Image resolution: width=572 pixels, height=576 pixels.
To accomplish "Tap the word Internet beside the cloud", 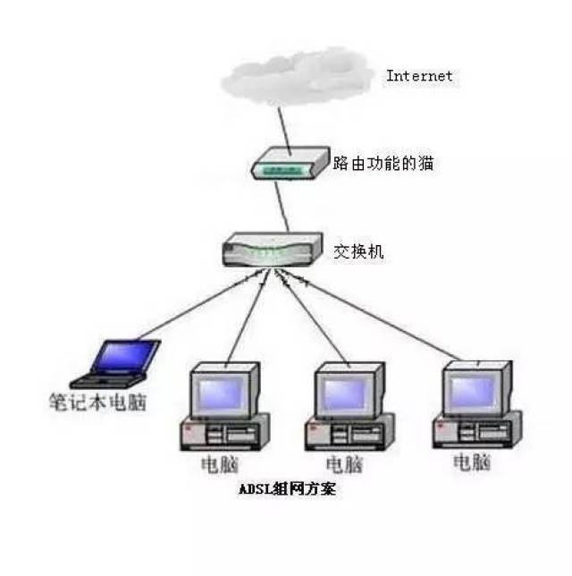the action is pyautogui.click(x=419, y=76).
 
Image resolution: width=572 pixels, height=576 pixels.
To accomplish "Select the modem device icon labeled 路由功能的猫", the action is pyautogui.click(x=290, y=164).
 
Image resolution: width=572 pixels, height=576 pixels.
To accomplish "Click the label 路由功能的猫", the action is pyautogui.click(x=383, y=163).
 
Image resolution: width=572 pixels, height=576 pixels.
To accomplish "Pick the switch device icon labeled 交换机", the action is pyautogui.click(x=273, y=250).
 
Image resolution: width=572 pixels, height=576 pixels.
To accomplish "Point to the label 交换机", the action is pyautogui.click(x=358, y=251).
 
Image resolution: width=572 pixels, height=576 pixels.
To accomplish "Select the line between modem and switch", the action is pyautogui.click(x=282, y=207).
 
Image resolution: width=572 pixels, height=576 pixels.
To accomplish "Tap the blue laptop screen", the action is pyautogui.click(x=125, y=355).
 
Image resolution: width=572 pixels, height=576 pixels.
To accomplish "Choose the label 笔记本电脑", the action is pyautogui.click(x=98, y=402).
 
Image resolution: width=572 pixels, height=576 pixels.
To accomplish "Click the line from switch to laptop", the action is pyautogui.click(x=200, y=304).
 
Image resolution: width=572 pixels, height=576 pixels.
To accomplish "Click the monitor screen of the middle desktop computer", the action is pyautogui.click(x=345, y=394).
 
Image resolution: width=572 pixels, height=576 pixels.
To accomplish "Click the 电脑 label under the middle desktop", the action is pyautogui.click(x=345, y=465).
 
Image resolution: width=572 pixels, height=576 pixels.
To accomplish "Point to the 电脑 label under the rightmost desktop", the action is pyautogui.click(x=472, y=462).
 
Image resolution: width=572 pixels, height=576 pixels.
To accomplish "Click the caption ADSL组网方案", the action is pyautogui.click(x=287, y=489).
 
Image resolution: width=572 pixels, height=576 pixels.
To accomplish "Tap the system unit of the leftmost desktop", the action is pyautogui.click(x=224, y=433).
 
